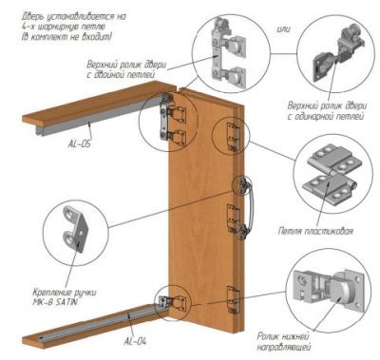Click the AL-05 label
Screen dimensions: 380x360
click(80, 144)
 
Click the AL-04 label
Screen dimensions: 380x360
click(136, 341)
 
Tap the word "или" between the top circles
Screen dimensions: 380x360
click(284, 29)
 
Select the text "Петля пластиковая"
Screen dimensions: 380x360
click(315, 231)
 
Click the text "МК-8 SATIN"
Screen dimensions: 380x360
click(55, 302)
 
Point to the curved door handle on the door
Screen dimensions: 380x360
click(249, 206)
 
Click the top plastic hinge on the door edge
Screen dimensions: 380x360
click(233, 137)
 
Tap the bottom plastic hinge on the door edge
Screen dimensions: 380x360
click(233, 300)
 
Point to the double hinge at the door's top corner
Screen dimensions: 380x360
click(172, 117)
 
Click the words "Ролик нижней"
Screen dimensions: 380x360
click(283, 336)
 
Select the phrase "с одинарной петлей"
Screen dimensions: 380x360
click(326, 117)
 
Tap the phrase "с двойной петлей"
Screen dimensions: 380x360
click(121, 75)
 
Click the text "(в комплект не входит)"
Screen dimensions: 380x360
click(66, 37)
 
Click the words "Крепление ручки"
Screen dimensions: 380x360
click(65, 292)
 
